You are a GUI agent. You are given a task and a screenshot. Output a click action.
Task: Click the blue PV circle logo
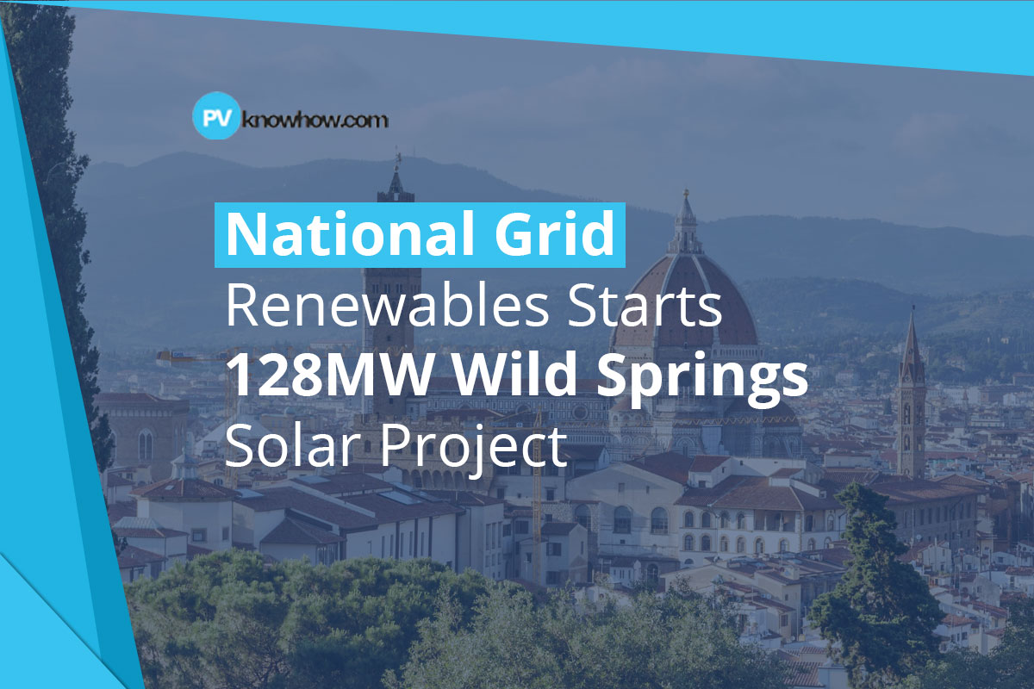click(213, 118)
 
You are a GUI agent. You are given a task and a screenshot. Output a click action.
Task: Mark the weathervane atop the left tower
click(397, 159)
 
